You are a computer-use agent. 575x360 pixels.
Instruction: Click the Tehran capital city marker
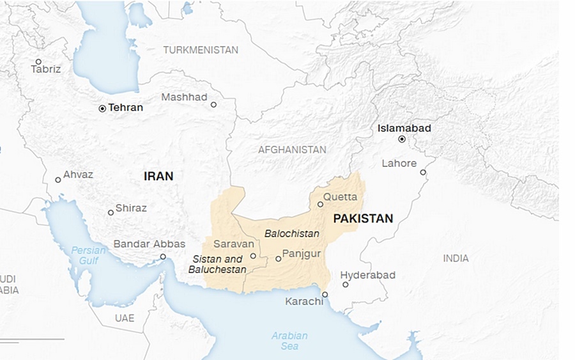click(x=102, y=109)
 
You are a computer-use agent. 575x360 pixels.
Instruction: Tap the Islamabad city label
click(x=404, y=128)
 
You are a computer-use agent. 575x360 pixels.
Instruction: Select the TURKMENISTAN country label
click(x=201, y=50)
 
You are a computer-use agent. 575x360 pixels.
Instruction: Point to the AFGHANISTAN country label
click(x=292, y=150)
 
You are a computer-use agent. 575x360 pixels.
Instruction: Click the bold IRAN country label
click(x=158, y=176)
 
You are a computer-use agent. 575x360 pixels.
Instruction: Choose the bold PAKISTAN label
click(x=363, y=219)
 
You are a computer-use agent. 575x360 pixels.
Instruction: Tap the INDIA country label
click(x=456, y=258)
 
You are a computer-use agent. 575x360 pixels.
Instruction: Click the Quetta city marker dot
click(x=321, y=205)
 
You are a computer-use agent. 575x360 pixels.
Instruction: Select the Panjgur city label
click(x=302, y=254)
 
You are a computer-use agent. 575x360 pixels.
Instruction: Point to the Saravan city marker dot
click(x=253, y=256)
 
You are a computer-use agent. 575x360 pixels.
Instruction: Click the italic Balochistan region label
click(x=292, y=234)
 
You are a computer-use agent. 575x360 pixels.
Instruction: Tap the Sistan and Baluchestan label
click(x=217, y=264)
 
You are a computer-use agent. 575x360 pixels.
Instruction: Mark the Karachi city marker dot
click(x=325, y=295)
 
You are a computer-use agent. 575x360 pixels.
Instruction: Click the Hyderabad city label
click(x=367, y=275)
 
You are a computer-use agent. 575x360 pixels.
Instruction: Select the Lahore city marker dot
click(x=423, y=172)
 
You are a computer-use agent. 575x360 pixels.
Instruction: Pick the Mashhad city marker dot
click(x=213, y=105)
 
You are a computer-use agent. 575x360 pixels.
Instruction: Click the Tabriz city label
click(x=46, y=69)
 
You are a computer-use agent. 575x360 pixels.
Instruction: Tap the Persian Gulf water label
click(x=88, y=255)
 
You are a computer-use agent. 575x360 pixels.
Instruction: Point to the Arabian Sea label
click(x=289, y=341)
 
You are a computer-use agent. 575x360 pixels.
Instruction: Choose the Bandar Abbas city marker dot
click(x=163, y=256)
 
